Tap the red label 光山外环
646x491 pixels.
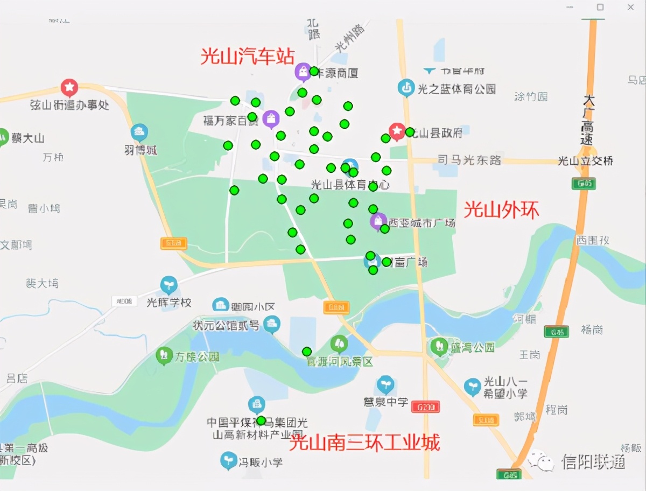point(501,209)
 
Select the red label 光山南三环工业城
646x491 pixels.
point(364,442)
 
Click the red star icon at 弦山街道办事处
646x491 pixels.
point(69,87)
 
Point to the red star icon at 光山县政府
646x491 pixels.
point(397,130)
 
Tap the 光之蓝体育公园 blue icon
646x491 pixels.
point(406,87)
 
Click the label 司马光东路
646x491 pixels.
point(469,160)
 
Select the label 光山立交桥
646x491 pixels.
point(585,161)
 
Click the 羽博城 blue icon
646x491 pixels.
point(139,132)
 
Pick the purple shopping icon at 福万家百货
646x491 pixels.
point(271,118)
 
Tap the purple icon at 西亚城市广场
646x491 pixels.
point(378,221)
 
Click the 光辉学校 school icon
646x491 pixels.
point(169,285)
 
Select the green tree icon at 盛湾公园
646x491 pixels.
point(439,346)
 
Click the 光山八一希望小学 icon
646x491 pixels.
point(472,386)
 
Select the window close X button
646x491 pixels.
point(630,7)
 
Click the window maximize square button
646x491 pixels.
point(600,7)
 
